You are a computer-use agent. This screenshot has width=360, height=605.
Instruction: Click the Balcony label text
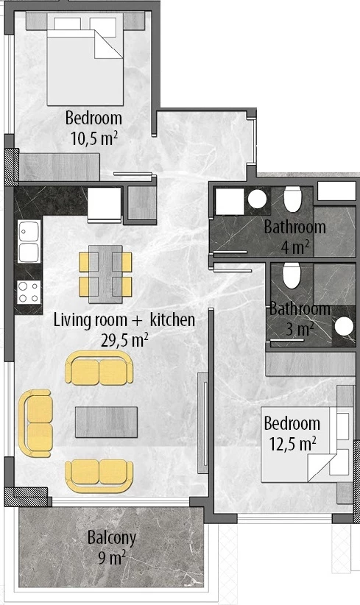click(111, 538)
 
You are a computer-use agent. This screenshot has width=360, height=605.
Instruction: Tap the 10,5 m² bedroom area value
click(94, 138)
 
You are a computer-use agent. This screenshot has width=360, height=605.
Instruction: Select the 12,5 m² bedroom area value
click(292, 444)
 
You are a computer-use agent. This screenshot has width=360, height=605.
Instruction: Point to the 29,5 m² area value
click(124, 340)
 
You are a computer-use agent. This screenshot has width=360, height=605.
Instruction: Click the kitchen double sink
click(29, 241)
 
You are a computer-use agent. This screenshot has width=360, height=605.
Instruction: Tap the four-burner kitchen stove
click(29, 291)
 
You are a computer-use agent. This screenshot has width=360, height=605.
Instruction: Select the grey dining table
click(105, 274)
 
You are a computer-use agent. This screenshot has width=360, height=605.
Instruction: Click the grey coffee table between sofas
click(106, 422)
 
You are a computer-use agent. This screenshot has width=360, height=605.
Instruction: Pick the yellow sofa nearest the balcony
click(99, 475)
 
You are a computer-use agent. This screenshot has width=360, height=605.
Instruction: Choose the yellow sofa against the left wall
click(35, 423)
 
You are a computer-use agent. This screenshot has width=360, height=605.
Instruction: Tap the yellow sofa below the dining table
click(99, 367)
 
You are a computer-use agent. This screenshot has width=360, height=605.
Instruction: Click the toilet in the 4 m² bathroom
click(292, 199)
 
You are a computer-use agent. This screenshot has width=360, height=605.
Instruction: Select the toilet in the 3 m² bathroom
click(292, 275)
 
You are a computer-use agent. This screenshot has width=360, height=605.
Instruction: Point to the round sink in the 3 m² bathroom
click(344, 327)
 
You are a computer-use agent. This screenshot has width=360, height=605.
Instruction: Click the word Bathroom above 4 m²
click(294, 227)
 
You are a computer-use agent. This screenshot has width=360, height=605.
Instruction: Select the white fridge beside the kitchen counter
click(105, 205)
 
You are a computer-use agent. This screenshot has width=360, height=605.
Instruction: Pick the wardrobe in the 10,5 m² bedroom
click(59, 167)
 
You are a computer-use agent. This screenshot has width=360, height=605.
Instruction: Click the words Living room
click(91, 320)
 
